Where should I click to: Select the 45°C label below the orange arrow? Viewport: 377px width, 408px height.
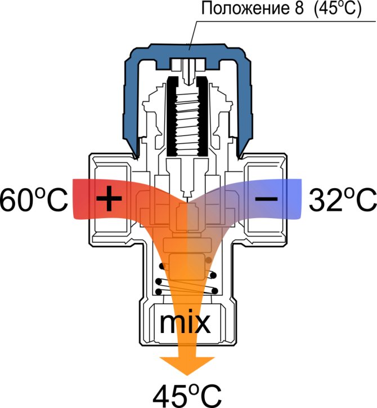[187, 396]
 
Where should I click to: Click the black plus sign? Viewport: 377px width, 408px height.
[109, 198]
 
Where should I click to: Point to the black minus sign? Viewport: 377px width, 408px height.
[266, 199]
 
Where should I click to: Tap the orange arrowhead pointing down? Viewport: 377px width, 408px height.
[187, 366]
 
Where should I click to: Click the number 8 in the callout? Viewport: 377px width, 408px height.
[299, 8]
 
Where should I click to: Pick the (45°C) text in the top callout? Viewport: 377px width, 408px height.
[337, 9]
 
